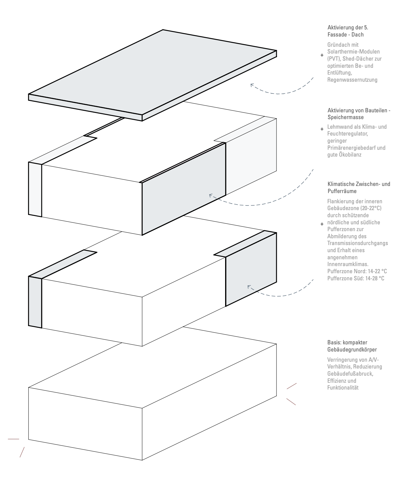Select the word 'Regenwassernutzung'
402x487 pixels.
coord(352,80)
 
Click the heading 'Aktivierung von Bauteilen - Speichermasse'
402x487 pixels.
coord(359,114)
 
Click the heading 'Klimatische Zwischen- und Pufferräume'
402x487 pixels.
coord(359,187)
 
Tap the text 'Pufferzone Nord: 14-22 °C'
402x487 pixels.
coord(357,271)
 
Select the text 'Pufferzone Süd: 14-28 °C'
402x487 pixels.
coord(356,278)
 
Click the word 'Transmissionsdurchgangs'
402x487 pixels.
coord(357,243)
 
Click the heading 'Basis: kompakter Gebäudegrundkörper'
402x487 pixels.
coord(352,346)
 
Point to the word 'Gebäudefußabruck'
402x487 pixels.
coord(350,374)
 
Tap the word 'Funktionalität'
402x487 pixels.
coord(343,388)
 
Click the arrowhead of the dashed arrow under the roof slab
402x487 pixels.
coord(252,84)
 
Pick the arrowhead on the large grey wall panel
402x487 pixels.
coord(211,195)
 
